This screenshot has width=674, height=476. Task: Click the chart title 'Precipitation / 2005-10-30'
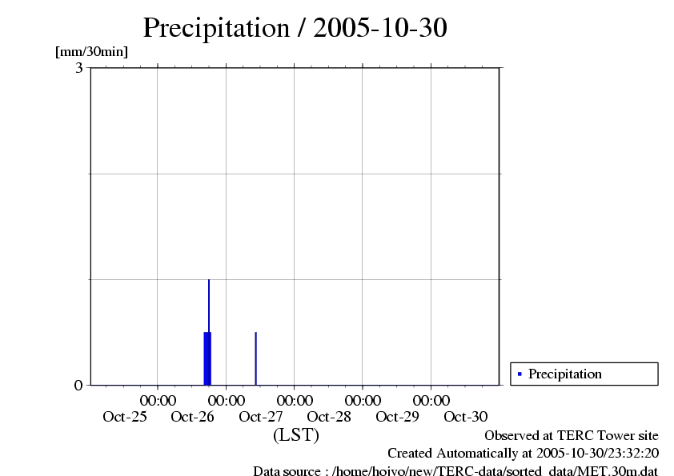[295, 28]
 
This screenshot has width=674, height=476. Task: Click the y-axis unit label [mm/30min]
[91, 52]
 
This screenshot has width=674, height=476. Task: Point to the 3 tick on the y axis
[79, 68]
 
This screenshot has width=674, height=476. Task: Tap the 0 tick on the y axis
[78, 385]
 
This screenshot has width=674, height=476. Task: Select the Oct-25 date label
[125, 416]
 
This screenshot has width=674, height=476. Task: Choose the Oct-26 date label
[193, 416]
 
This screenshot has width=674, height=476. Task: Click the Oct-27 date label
[261, 416]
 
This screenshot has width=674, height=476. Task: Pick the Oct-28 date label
[329, 416]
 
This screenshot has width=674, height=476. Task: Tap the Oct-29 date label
[397, 416]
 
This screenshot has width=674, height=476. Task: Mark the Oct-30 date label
[465, 416]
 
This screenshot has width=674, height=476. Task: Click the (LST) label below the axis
[295, 436]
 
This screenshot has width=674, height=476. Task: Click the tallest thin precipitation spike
[209, 304]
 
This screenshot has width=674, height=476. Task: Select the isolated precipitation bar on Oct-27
[255, 358]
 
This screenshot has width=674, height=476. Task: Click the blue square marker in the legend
[520, 374]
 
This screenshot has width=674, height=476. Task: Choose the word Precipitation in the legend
[564, 374]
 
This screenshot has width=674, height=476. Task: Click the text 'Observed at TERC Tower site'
[571, 436]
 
